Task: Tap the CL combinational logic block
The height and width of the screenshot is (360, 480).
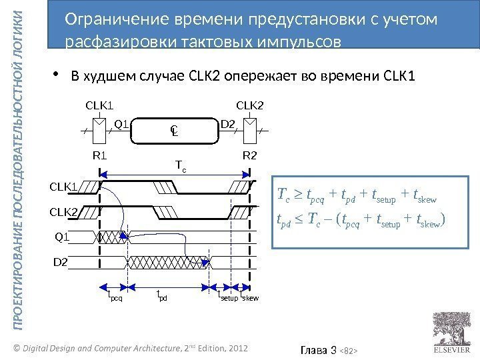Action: click(x=174, y=131)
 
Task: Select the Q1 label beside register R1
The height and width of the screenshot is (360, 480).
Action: click(x=121, y=123)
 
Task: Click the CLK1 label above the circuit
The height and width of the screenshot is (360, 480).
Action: click(x=99, y=105)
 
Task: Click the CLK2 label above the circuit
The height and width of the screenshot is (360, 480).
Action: click(x=250, y=105)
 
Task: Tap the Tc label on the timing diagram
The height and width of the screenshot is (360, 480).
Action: click(x=180, y=164)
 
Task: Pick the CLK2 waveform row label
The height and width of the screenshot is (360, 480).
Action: click(x=63, y=212)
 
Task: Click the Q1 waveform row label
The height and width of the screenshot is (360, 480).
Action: click(x=62, y=237)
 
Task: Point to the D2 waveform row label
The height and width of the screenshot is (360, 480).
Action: click(x=61, y=262)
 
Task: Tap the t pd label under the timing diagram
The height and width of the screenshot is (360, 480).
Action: click(x=161, y=297)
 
